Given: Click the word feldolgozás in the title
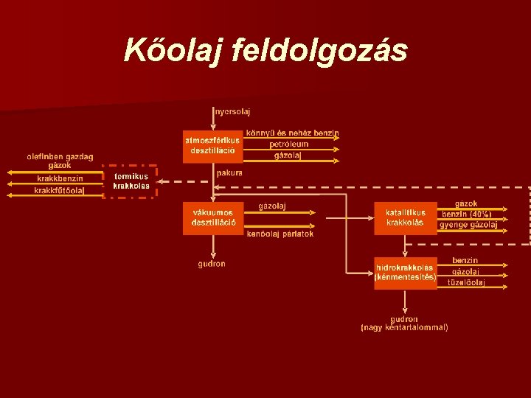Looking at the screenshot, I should point(319,50).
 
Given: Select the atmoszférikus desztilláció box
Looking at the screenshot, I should point(212,145).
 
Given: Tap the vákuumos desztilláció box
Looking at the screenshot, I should point(212,217).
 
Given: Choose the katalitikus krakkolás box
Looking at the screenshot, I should point(405,217).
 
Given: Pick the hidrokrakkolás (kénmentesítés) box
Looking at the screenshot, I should point(405,272).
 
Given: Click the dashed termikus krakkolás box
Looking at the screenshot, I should point(131,181).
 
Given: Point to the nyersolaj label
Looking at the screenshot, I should point(232,112).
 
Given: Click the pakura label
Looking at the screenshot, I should point(229,172).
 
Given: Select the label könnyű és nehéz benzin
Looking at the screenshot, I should point(292,133).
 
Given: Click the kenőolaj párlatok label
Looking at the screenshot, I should point(280,234).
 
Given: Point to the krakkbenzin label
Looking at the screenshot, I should point(60,178).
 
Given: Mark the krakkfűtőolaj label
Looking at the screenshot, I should point(59,190).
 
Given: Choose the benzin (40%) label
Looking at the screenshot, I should point(466,214).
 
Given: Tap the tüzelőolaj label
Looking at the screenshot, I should point(466,282).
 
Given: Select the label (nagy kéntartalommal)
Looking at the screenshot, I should point(404,327).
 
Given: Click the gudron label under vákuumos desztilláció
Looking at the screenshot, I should point(212,264).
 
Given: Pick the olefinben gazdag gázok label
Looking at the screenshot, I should point(60,161).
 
